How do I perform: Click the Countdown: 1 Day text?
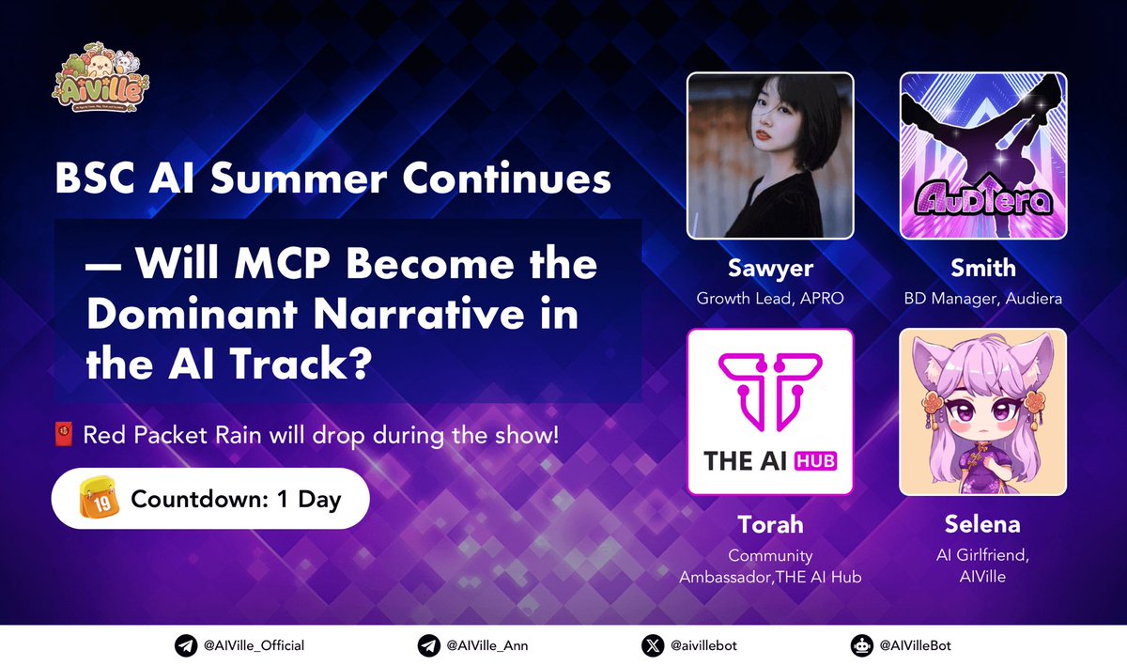(236, 499)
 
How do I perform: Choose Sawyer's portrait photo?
(770, 156)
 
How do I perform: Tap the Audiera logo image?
(983, 156)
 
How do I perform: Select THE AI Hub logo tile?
(770, 411)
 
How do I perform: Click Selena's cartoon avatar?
(983, 411)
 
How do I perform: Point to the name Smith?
(983, 268)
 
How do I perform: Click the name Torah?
(770, 524)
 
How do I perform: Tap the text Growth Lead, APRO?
(770, 299)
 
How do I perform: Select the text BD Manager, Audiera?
(983, 299)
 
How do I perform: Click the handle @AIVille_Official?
(253, 645)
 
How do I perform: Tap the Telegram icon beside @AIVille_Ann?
(428, 645)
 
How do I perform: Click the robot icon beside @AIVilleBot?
(860, 645)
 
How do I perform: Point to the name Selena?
(983, 524)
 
